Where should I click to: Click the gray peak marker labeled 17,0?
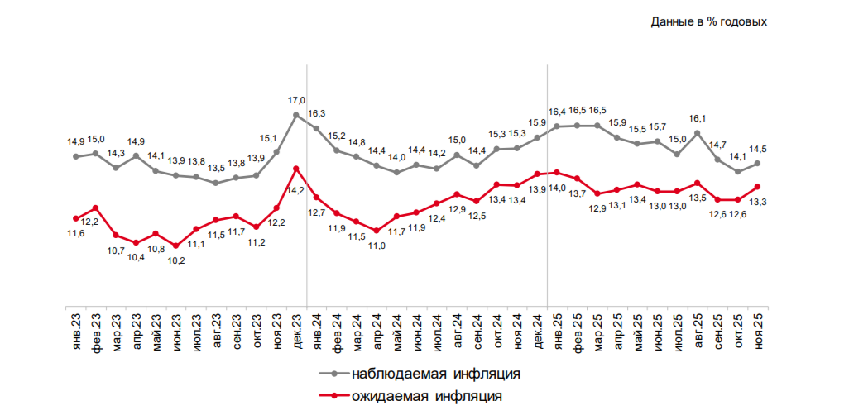coord(296,115)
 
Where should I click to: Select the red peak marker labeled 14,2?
coord(296,169)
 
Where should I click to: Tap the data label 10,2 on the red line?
coord(176,260)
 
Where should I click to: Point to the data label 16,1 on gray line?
coord(698,119)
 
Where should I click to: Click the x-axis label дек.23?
coord(296,330)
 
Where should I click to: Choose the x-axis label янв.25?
coord(557,330)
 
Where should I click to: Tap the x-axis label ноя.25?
coord(758,330)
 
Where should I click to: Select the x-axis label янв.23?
coord(75,330)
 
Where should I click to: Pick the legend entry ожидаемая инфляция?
coord(426,396)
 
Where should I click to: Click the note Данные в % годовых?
coord(709,21)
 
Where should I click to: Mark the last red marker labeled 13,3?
coord(758,187)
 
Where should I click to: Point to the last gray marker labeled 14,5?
coord(758,163)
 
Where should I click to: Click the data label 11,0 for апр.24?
coord(377,246)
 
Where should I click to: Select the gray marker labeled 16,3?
coord(316,128)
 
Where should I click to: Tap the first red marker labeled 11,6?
coord(75,218)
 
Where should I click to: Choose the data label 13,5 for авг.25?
coord(698,198)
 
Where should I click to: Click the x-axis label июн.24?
coord(416,330)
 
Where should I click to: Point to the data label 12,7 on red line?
coord(316,212)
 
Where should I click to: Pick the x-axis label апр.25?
coord(617,330)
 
